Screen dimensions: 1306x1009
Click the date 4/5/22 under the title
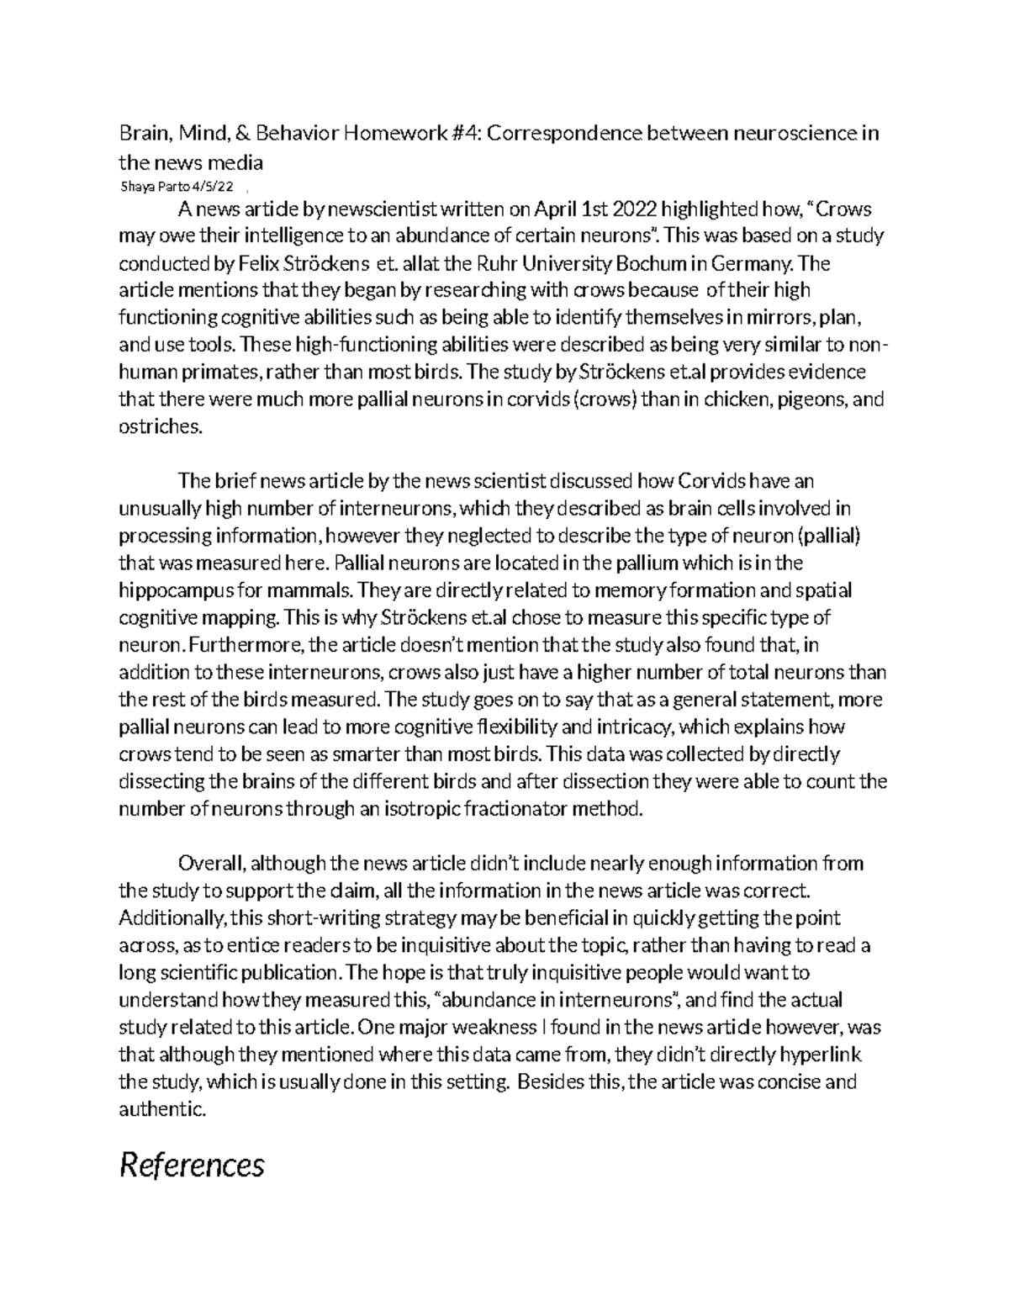(212, 186)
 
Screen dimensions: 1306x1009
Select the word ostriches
(160, 426)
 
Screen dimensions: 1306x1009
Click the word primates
(219, 373)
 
